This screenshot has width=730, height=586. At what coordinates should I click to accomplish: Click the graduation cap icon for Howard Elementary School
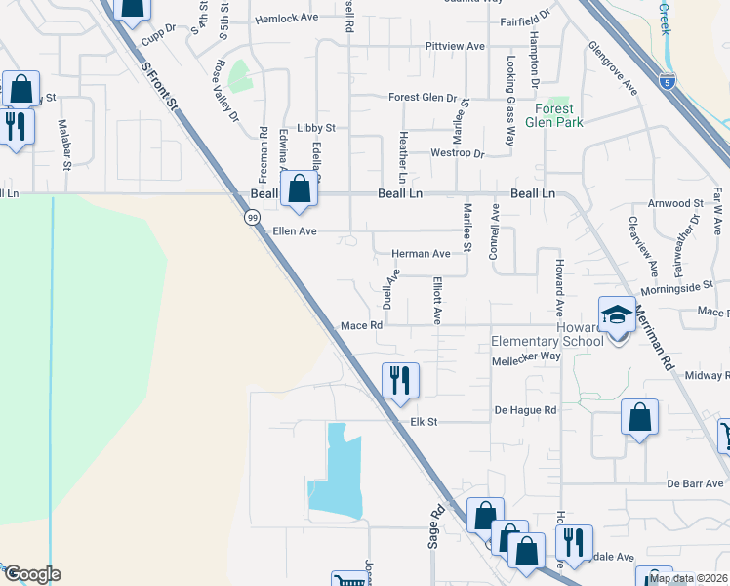coord(616,315)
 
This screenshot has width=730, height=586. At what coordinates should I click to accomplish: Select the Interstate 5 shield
coord(667,81)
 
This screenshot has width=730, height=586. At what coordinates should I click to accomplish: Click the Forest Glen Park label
coord(553,115)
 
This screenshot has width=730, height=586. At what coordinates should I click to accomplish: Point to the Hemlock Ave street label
coord(286,19)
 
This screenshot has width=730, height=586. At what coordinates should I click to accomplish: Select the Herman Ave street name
coord(421,254)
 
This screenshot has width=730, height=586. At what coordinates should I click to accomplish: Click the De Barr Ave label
coord(696,483)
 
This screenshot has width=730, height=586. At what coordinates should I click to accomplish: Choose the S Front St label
coord(160,86)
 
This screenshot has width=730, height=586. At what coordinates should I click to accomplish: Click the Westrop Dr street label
coord(458,153)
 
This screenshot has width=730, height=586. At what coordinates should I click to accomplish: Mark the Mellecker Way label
coord(527,356)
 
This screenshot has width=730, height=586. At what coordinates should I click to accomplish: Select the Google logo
coord(31,574)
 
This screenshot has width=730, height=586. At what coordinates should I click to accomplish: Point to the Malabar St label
coord(65,145)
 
